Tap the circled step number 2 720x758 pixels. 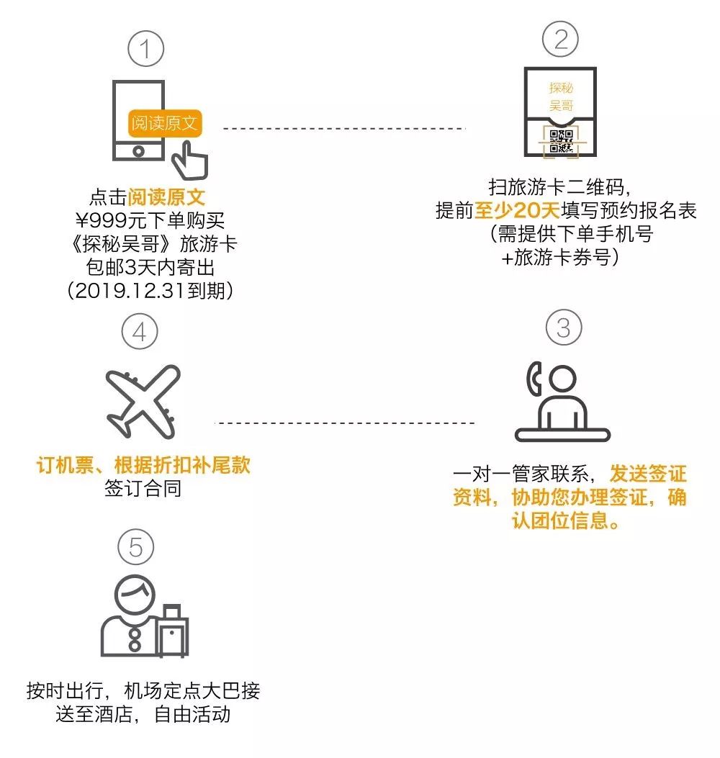click(x=560, y=39)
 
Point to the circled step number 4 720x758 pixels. click(x=140, y=332)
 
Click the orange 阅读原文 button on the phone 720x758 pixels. click(x=164, y=123)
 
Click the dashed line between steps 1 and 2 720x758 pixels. click(x=344, y=129)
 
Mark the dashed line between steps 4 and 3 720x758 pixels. click(x=346, y=423)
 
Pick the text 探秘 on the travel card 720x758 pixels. click(x=561, y=89)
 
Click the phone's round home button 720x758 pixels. click(x=141, y=152)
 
